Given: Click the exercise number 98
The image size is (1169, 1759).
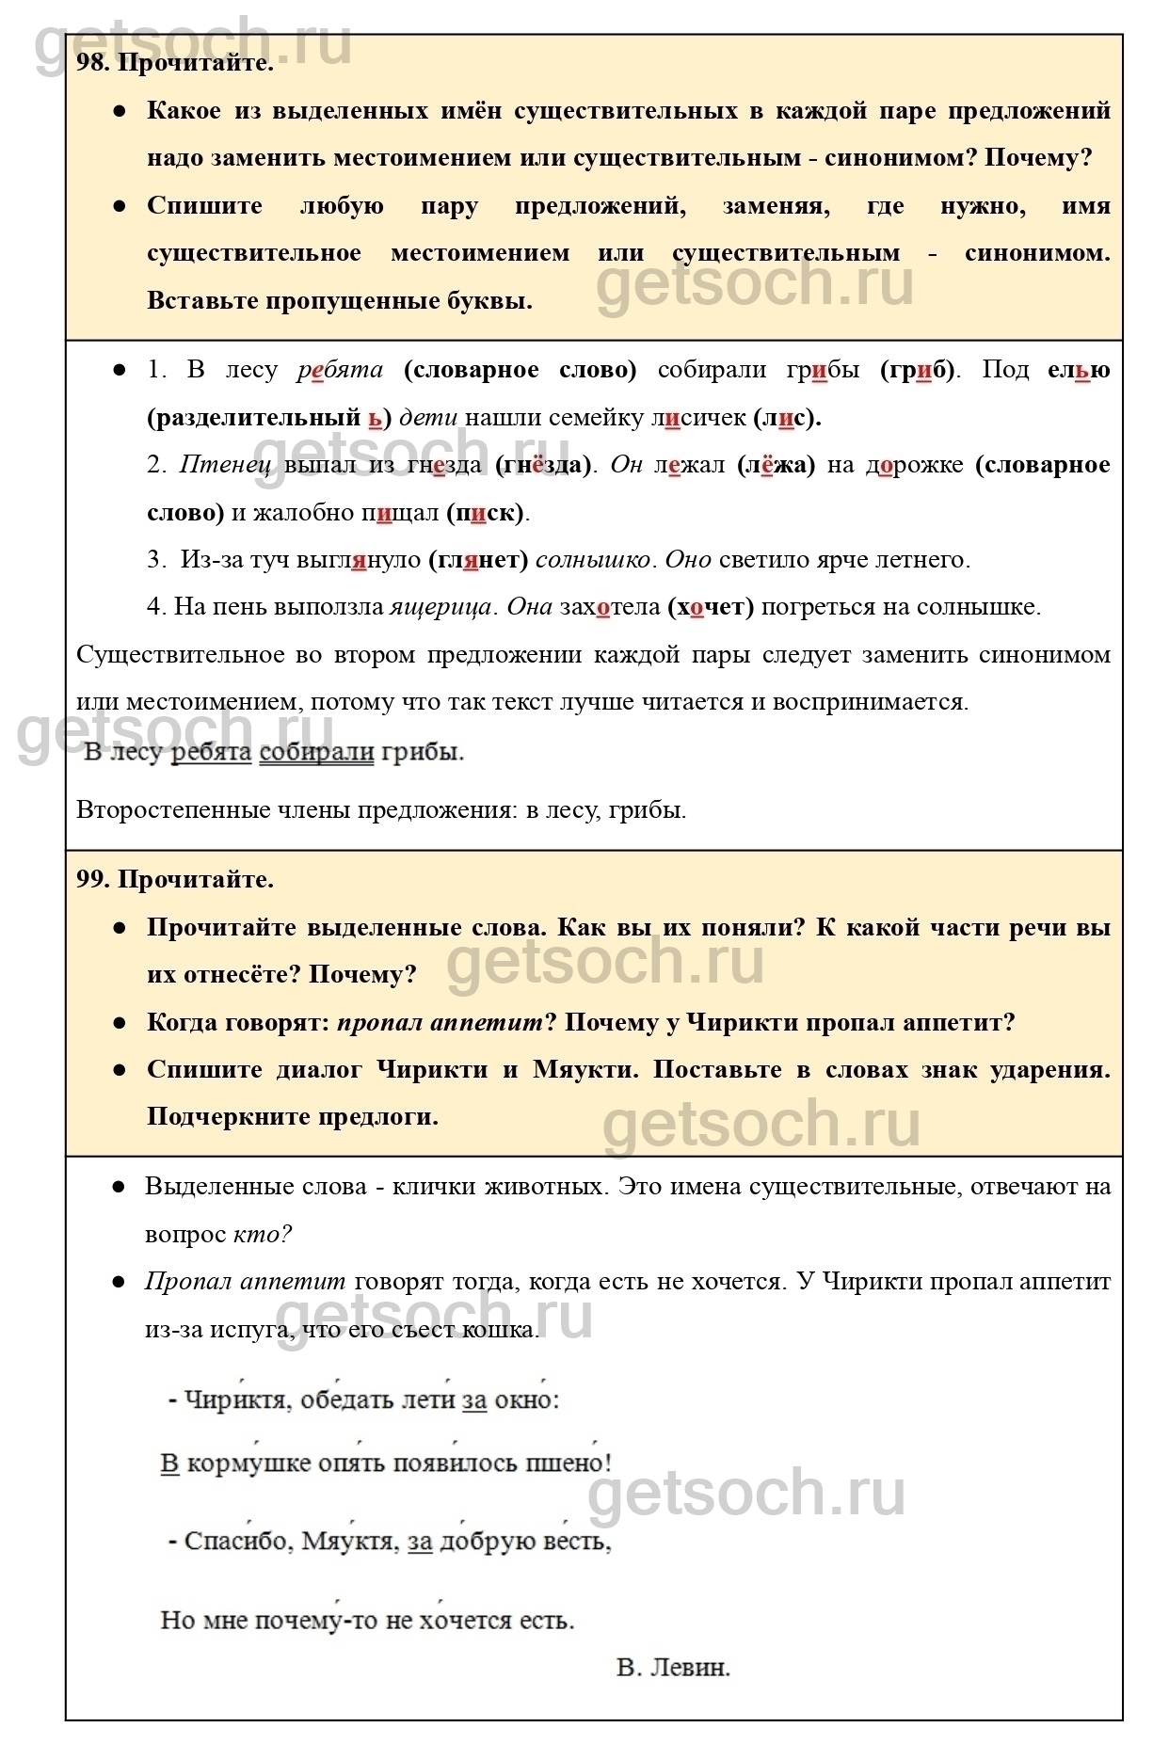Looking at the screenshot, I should [92, 63].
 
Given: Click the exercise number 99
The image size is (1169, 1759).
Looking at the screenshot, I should [92, 879].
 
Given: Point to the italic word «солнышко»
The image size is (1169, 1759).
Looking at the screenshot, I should [592, 560].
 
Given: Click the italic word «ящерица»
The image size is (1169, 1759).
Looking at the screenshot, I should [440, 607].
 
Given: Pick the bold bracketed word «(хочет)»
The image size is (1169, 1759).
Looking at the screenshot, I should [711, 607].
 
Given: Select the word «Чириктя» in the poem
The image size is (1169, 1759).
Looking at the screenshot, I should [234, 1399].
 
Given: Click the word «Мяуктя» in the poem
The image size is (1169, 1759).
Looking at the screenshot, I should [347, 1542].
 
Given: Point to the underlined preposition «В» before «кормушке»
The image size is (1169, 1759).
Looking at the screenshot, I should [169, 1463].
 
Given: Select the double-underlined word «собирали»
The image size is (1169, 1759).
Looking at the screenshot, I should [316, 752].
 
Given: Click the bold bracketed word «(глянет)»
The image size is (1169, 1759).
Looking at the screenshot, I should [478, 560].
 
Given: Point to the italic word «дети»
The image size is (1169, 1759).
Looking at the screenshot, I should [429, 417].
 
